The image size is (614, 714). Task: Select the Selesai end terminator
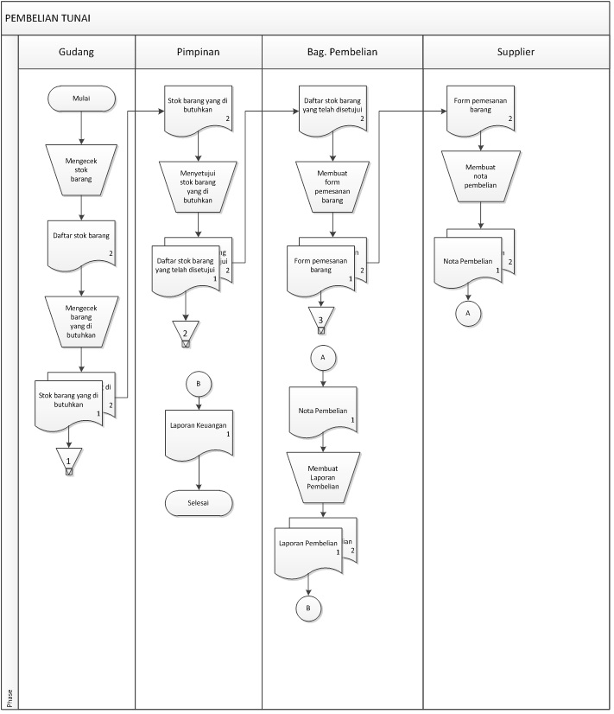pyautogui.click(x=199, y=502)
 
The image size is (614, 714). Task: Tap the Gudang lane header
pyautogui.click(x=77, y=52)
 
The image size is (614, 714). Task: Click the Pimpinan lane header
pyautogui.click(x=199, y=52)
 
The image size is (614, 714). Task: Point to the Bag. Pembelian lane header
pyautogui.click(x=343, y=52)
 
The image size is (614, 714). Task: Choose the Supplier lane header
pyautogui.click(x=516, y=52)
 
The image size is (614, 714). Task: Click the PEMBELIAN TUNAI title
pyautogui.click(x=47, y=17)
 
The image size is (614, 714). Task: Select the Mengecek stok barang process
pyautogui.click(x=80, y=166)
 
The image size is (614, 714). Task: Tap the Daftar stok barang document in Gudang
pyautogui.click(x=80, y=240)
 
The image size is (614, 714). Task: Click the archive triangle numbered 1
pyautogui.click(x=68, y=460)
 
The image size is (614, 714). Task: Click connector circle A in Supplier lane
pyautogui.click(x=468, y=313)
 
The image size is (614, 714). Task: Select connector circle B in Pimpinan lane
pyautogui.click(x=199, y=384)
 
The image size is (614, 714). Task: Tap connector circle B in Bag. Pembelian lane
pyautogui.click(x=308, y=609)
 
